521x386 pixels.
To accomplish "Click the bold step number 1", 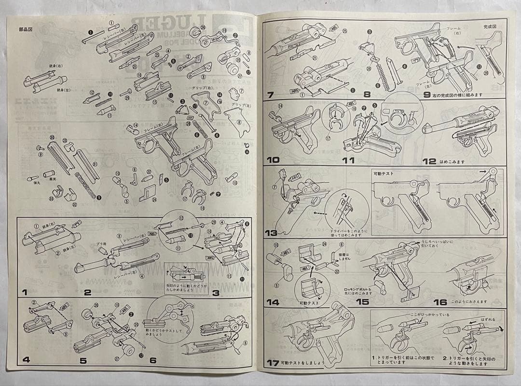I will (24, 292).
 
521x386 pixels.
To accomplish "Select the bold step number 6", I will (153, 360).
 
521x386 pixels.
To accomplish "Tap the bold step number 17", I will (274, 363).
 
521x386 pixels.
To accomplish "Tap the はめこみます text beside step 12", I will (452, 162).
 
